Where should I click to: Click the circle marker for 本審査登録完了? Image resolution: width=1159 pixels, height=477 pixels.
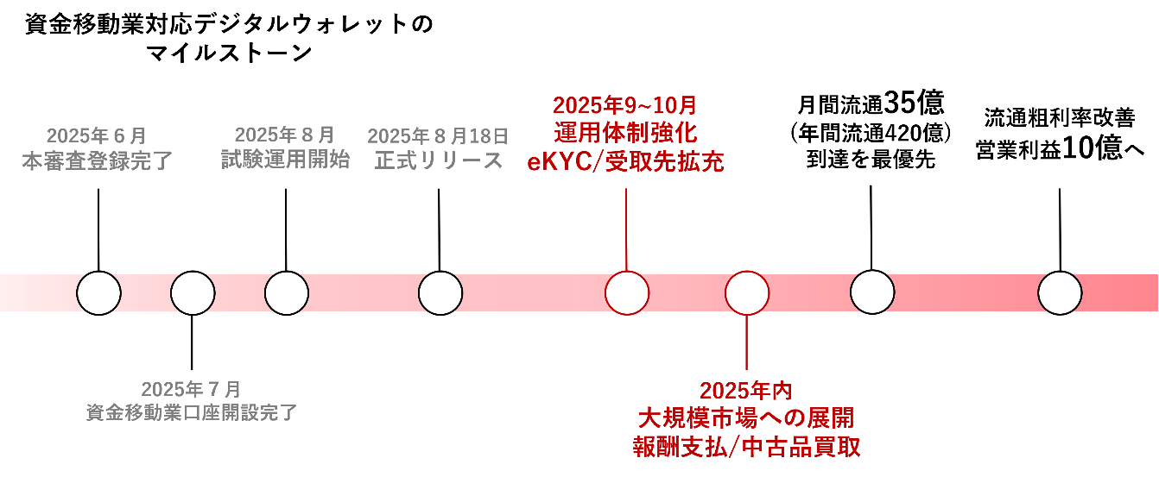98,293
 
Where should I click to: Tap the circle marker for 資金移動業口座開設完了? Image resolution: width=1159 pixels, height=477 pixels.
193,293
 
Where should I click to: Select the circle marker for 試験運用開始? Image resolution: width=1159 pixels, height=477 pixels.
287,293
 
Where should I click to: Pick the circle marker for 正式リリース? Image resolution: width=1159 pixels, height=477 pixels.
440,293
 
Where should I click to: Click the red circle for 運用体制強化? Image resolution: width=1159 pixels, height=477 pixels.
626,293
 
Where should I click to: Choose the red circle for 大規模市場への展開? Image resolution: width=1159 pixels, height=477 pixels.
747,293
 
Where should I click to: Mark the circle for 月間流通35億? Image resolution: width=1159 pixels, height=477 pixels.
872,293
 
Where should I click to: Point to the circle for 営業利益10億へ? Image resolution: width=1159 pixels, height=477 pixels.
1060,293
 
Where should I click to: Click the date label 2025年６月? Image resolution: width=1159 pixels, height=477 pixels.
97,135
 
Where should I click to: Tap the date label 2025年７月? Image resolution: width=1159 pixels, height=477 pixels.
191,389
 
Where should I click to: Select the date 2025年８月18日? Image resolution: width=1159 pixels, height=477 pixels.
438,135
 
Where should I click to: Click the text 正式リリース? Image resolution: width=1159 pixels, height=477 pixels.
439,160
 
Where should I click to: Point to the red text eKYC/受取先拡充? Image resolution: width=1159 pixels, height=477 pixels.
625,161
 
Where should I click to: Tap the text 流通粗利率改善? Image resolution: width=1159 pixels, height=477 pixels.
1060,118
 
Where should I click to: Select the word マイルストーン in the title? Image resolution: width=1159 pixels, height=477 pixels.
229,53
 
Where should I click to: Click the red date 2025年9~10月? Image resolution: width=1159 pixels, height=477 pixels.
625,106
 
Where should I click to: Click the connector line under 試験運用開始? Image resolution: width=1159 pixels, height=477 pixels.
286,229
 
